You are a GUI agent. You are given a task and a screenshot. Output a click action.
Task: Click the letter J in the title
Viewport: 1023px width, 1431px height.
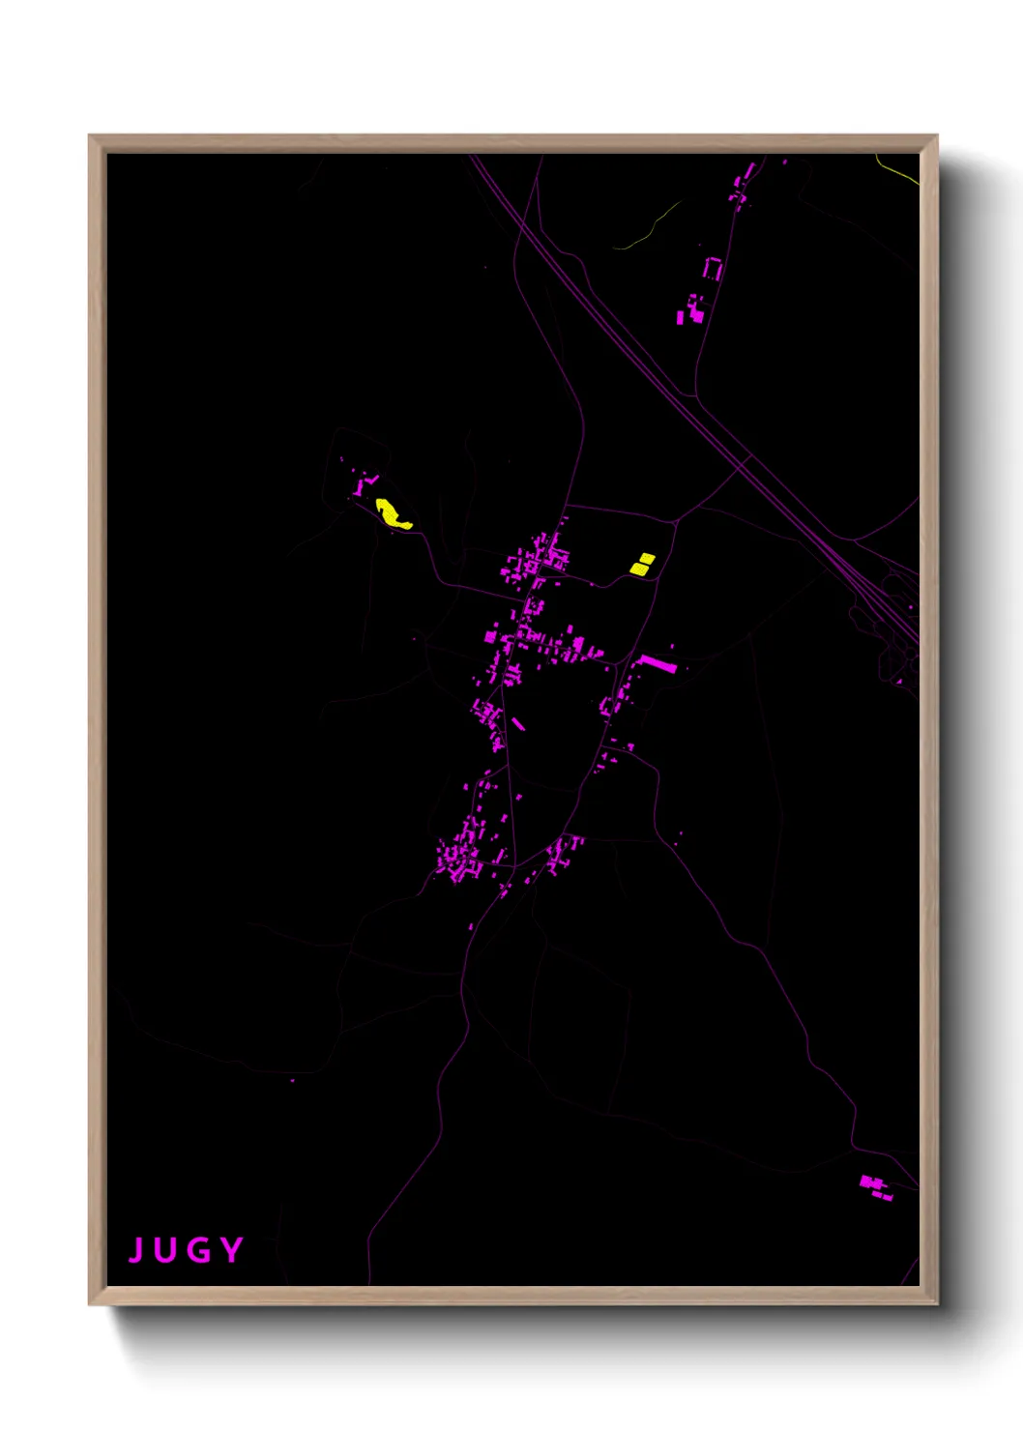(136, 1250)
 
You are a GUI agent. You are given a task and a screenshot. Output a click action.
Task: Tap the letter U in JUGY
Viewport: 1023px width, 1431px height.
(165, 1250)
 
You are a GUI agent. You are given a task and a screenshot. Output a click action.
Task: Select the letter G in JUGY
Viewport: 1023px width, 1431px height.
(198, 1250)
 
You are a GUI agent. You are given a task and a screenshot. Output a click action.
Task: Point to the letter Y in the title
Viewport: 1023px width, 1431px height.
(231, 1250)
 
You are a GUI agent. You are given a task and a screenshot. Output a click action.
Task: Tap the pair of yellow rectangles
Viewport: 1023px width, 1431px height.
(642, 564)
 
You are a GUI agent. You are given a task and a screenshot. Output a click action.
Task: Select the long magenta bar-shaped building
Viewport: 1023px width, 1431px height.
(658, 663)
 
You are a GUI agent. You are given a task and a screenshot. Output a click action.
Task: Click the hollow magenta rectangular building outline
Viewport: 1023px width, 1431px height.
(713, 269)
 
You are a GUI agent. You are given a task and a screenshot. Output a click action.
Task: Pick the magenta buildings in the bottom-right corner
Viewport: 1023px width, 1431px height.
(876, 1186)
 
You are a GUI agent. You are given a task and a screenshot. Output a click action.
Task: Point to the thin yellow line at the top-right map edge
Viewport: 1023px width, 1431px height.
(897, 169)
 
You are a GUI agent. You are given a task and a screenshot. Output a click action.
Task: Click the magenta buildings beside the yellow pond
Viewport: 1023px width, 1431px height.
(364, 484)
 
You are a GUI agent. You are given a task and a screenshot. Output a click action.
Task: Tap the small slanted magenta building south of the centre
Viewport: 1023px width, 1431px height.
(518, 723)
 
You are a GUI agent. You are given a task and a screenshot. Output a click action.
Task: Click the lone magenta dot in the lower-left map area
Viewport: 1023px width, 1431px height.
(292, 1080)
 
